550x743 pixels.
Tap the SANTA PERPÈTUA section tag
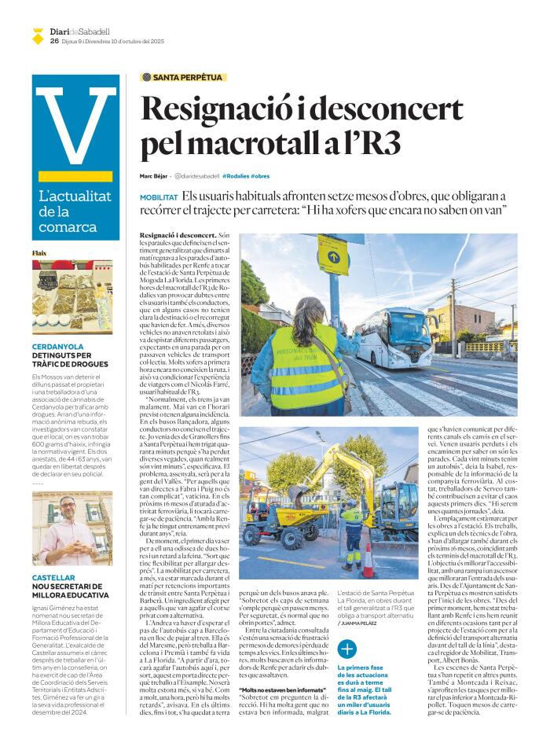[x=184, y=77]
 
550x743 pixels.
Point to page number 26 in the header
[x=53, y=41]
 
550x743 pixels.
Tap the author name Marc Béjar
[x=154, y=176]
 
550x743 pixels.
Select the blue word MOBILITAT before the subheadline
[x=159, y=197]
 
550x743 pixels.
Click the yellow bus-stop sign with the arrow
[x=333, y=255]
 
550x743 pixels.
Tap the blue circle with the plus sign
[x=346, y=649]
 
